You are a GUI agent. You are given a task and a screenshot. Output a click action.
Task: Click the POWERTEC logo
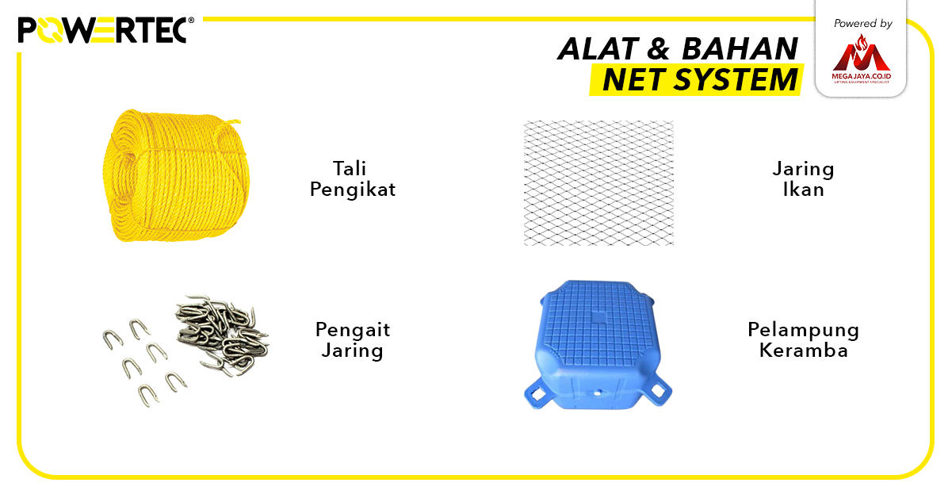[x=101, y=30]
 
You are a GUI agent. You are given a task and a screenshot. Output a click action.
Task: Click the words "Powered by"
[x=862, y=24]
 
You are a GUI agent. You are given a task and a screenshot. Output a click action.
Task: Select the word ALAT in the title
[x=595, y=49]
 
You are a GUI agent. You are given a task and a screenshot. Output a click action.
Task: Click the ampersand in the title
[x=658, y=49]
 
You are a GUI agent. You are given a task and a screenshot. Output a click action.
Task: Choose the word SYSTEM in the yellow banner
[x=736, y=80]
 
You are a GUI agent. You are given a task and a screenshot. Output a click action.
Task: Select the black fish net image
[x=598, y=182]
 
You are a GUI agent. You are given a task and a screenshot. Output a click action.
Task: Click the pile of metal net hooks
[x=222, y=333]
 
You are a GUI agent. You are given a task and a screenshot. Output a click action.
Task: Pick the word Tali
[x=350, y=169]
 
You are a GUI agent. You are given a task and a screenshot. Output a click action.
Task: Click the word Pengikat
[x=352, y=190]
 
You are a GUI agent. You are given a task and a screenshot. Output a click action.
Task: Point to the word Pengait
[x=352, y=330]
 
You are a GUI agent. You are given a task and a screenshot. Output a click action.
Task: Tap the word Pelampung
[x=802, y=330]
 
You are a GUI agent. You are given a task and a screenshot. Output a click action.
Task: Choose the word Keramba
[x=803, y=351]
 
